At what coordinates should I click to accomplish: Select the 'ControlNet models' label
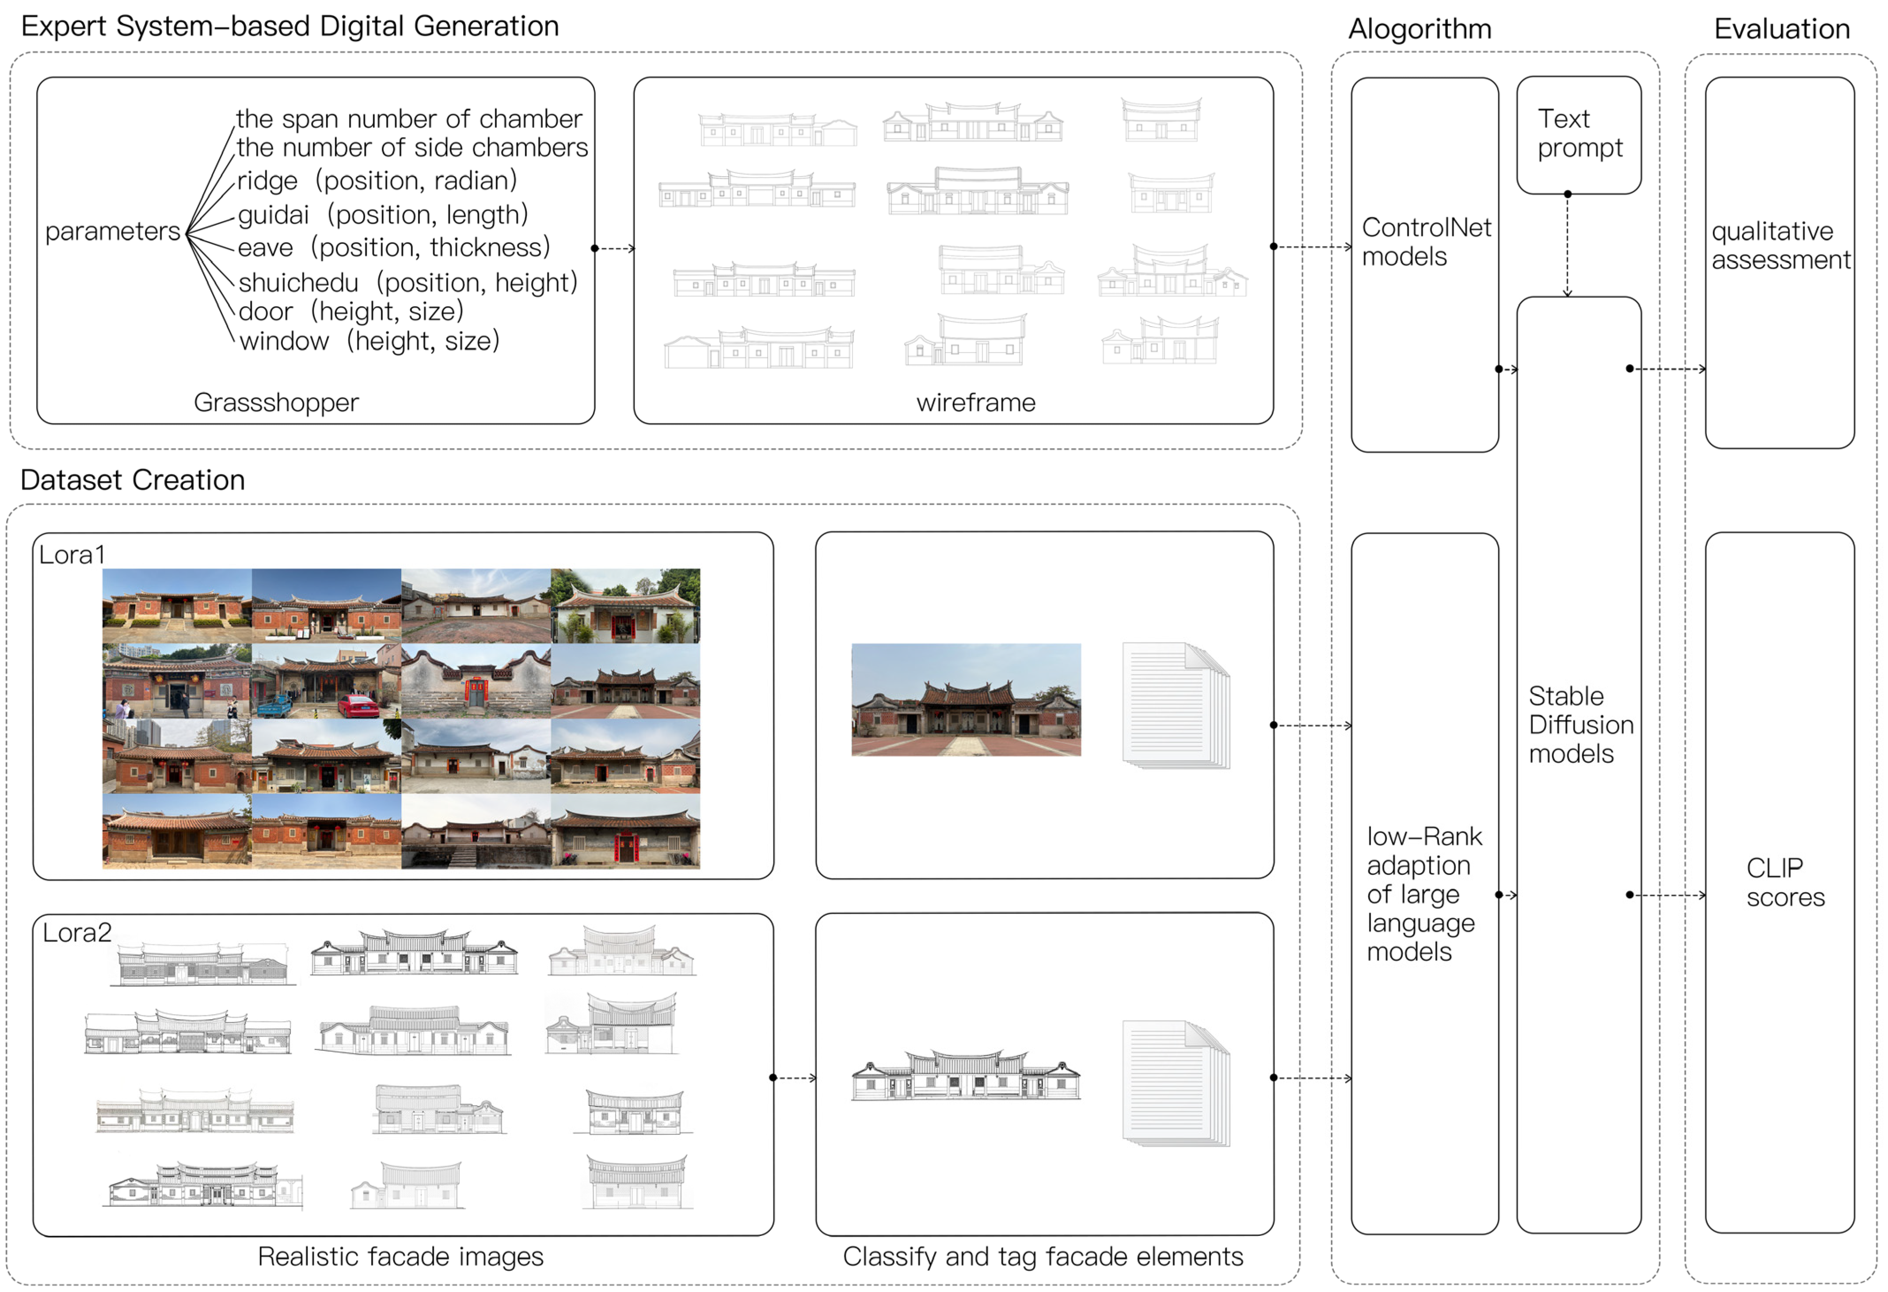(x=1426, y=242)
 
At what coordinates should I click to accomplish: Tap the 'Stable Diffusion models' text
(x=1580, y=724)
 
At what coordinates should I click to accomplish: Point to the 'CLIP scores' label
(x=1785, y=882)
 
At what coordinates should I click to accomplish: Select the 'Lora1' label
(x=72, y=555)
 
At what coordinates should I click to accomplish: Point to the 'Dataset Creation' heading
(x=133, y=480)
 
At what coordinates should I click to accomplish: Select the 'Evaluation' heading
(x=1781, y=29)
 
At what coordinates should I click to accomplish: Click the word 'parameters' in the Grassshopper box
(x=112, y=232)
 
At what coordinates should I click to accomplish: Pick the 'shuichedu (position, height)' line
(x=408, y=283)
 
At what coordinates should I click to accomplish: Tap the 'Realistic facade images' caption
(x=400, y=1256)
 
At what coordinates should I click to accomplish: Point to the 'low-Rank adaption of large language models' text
(x=1424, y=894)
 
